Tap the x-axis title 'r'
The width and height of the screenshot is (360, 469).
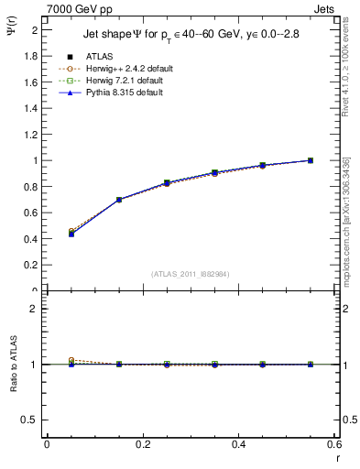(x=337, y=459)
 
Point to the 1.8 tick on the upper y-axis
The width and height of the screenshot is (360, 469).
(x=31, y=56)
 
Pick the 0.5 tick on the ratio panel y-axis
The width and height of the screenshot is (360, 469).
(x=31, y=420)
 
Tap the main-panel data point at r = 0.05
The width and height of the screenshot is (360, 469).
(x=71, y=234)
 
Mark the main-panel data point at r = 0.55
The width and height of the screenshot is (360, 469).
(x=311, y=160)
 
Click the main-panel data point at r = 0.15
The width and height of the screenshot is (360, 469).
(x=119, y=200)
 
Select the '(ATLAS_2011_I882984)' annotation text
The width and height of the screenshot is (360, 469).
(x=191, y=273)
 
